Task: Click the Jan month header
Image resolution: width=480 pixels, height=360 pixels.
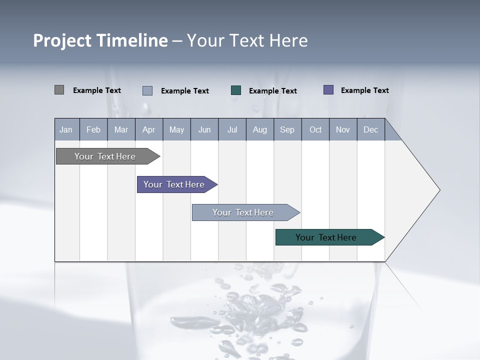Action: coord(66,129)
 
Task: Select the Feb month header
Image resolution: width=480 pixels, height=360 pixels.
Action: coord(93,129)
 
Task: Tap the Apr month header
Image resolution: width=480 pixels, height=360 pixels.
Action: coord(149,129)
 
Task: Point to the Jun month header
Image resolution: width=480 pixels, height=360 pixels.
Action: coord(204,129)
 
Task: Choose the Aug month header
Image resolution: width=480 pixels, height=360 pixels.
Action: coord(260,129)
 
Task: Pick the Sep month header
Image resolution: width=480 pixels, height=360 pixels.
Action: coord(287,129)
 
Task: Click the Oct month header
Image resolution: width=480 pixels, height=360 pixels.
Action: coord(315,129)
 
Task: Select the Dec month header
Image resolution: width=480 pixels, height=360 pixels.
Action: coord(371,129)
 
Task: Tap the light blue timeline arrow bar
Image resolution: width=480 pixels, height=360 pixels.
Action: coord(243,212)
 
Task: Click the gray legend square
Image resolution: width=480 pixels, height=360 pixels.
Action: coord(59,90)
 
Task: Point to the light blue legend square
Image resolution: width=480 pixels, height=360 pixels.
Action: coord(147,90)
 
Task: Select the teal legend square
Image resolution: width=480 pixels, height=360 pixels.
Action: coord(236,90)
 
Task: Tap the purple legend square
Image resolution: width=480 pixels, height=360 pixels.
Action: coord(328,90)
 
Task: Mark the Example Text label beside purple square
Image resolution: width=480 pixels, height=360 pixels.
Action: coord(364,90)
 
